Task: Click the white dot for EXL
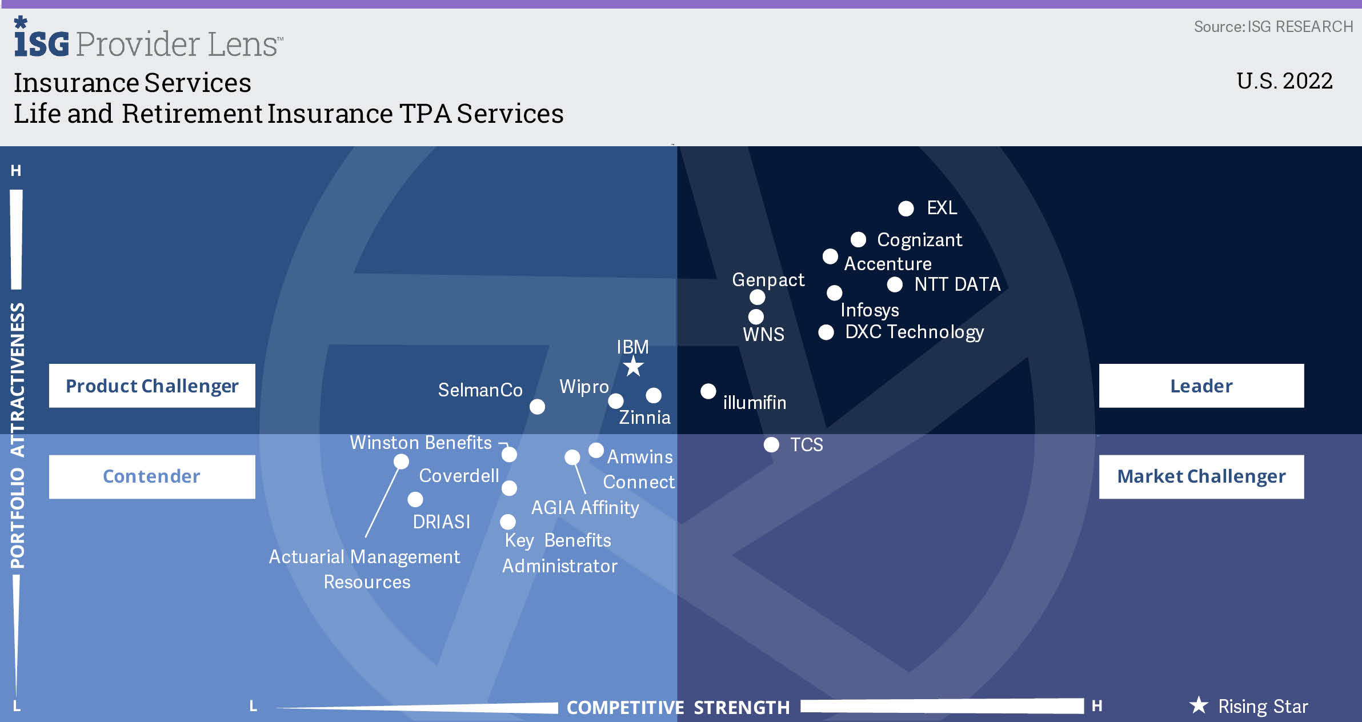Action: coord(906,208)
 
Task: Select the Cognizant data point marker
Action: coord(858,239)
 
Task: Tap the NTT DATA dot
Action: coord(895,284)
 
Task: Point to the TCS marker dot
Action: coord(771,444)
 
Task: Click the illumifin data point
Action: coord(708,391)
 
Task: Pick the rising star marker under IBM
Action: coord(633,367)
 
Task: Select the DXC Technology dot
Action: coord(826,332)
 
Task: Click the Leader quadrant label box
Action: coord(1201,386)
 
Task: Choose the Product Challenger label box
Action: coord(152,386)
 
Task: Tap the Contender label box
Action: coord(152,476)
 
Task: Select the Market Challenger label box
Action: coord(1201,476)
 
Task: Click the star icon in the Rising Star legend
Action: coord(1199,705)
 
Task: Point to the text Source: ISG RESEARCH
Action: coord(1273,27)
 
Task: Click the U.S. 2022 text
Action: coord(1284,81)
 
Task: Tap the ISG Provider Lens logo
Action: coord(149,38)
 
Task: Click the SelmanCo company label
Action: coord(480,390)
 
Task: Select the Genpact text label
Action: coord(768,280)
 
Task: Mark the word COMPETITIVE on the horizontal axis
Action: coord(625,708)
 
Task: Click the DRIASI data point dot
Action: coord(415,499)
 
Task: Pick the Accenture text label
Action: coord(888,264)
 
